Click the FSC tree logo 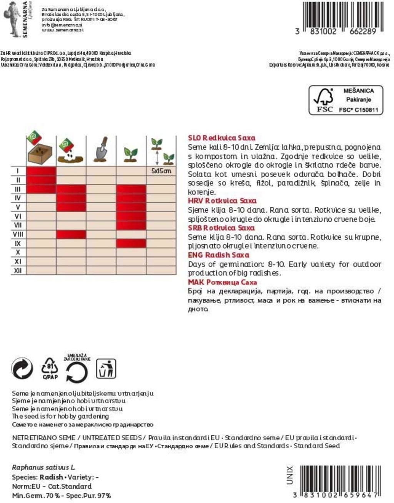coord(324,99)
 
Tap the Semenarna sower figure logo coord(12,18)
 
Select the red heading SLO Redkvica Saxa coord(221,138)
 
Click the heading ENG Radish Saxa coord(218,255)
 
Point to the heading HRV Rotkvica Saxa coord(222,201)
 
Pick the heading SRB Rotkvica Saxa coord(221,228)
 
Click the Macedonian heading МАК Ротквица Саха coord(222,282)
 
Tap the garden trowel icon coord(101,150)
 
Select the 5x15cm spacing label coord(161,171)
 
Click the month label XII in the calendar coord(18,271)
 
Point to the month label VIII coord(18,234)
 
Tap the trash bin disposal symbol coord(106,369)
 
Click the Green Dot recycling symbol coord(22,369)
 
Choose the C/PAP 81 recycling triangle coord(50,369)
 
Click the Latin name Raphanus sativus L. coord(43,468)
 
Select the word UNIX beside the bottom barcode coord(290,475)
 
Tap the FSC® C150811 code coord(358,110)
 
